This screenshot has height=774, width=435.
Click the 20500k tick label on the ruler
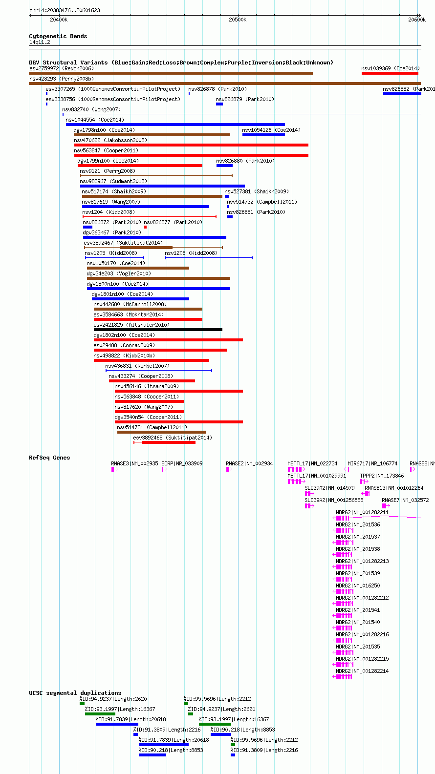pyautogui.click(x=238, y=20)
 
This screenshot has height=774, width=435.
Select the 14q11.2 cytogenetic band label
pyautogui.click(x=40, y=42)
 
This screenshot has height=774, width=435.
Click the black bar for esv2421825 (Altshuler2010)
pyautogui.click(x=158, y=330)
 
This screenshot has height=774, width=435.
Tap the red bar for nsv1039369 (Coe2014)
pyautogui.click(x=390, y=73)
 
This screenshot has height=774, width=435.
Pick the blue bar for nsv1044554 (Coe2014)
pyautogui.click(x=175, y=125)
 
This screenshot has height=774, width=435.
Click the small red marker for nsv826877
pyautogui.click(x=146, y=227)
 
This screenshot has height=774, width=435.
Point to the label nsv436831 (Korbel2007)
pyautogui.click(x=138, y=366)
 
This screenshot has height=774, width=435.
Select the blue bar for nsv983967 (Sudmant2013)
pyautogui.click(x=163, y=186)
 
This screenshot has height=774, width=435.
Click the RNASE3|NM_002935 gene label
pyautogui.click(x=134, y=464)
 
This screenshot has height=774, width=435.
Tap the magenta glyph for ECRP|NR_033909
pyautogui.click(x=165, y=469)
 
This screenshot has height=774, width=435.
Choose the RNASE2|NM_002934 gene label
pyautogui.click(x=249, y=464)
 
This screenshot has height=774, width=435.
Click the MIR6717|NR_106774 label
pyautogui.click(x=372, y=464)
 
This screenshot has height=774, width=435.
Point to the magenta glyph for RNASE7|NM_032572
pyautogui.click(x=386, y=506)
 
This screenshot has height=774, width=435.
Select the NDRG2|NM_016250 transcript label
pyautogui.click(x=358, y=586)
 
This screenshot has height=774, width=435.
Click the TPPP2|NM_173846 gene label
pyautogui.click(x=382, y=476)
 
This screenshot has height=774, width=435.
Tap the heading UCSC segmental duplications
pyautogui.click(x=75, y=693)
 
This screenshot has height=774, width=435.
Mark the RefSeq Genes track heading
pyautogui.click(x=49, y=458)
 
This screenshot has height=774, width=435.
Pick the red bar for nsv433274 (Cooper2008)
pyautogui.click(x=152, y=381)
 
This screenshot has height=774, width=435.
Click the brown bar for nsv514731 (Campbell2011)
pyautogui.click(x=161, y=432)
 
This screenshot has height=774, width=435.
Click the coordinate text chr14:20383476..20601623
pyautogui.click(x=65, y=10)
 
